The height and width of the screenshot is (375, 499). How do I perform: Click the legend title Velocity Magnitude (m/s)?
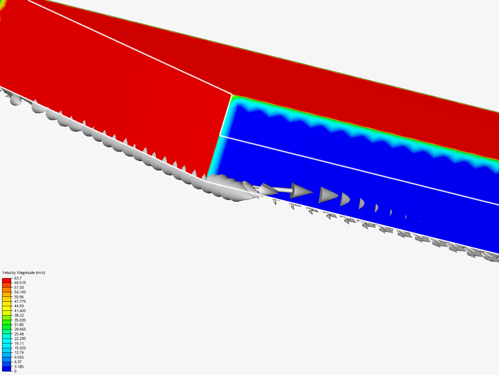[24, 273]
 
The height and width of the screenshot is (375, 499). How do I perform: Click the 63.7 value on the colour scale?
[18, 278]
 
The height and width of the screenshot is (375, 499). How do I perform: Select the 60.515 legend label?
[20, 283]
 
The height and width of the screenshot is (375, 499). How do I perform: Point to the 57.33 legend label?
[19, 287]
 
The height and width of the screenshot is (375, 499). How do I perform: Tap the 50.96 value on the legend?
[19, 297]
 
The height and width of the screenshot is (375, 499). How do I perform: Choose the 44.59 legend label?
[19, 306]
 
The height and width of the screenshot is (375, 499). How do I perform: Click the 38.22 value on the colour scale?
[19, 315]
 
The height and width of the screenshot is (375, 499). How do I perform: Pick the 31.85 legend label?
[19, 324]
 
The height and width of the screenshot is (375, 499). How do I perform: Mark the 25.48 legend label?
[19, 334]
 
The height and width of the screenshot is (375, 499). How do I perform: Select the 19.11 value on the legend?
[19, 343]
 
